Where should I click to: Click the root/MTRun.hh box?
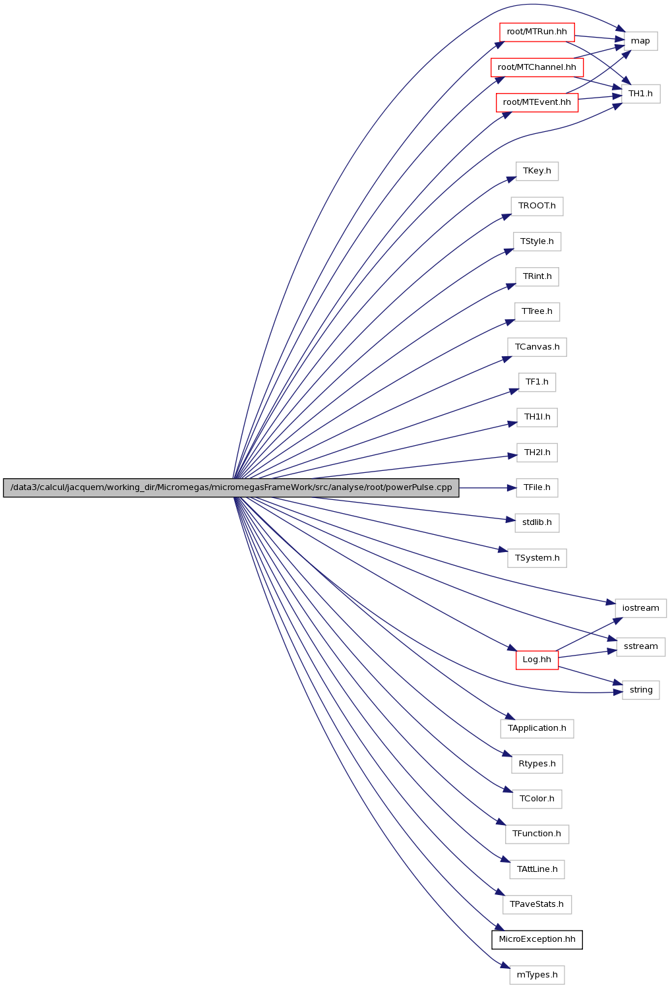tap(537, 32)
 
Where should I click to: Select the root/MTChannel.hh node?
tap(537, 67)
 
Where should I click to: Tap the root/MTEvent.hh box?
tap(537, 102)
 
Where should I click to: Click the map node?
tap(640, 41)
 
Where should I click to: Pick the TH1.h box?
tap(640, 94)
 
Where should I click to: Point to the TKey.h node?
tap(537, 171)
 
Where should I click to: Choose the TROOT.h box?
tap(537, 206)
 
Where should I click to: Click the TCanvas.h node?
tap(537, 347)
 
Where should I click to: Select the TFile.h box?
tap(537, 488)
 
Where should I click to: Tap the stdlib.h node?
tap(537, 522)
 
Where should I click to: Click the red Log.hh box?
tap(537, 660)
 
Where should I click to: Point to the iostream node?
tap(640, 608)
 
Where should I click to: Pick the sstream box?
tap(640, 646)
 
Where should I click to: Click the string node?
tap(640, 690)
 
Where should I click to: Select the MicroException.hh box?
tap(537, 939)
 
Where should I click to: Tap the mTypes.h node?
tap(537, 975)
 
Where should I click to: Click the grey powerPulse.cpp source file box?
tap(231, 488)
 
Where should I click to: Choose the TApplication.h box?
tap(537, 728)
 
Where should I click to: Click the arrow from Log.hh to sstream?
tap(587, 654)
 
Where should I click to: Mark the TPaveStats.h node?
tap(537, 904)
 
